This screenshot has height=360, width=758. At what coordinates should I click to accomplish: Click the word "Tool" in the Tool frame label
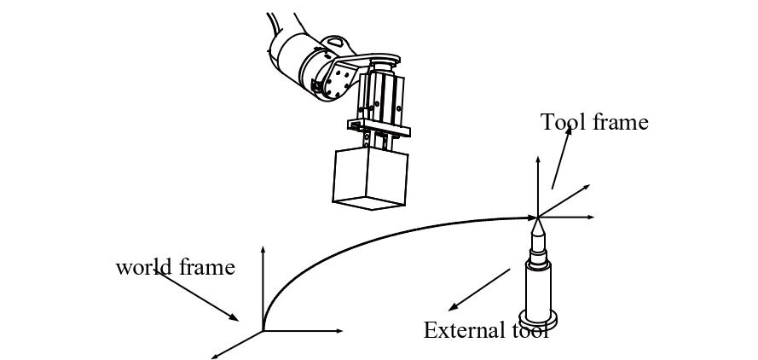coord(563,121)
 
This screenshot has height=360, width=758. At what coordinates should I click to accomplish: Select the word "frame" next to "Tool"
coord(620,121)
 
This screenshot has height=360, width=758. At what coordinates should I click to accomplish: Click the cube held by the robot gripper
coord(370,178)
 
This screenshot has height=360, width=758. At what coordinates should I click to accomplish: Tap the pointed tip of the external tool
coord(537,218)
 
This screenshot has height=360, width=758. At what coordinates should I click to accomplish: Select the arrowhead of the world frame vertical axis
coord(263,249)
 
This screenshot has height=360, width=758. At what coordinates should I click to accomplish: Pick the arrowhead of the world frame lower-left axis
coord(215,357)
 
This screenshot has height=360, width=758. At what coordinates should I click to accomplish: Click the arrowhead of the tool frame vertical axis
coord(537,160)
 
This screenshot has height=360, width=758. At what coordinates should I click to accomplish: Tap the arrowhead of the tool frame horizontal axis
coord(590,218)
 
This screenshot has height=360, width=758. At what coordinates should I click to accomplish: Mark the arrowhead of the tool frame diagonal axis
coord(587,187)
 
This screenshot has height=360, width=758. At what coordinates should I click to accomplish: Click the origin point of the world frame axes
coord(263,331)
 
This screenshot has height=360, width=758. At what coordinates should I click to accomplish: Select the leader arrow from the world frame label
coord(197,295)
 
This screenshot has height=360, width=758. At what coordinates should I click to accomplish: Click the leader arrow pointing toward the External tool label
coord(479,290)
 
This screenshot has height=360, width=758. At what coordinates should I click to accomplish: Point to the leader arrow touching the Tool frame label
coord(562,157)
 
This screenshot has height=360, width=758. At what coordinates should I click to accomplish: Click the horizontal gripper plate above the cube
coord(379,129)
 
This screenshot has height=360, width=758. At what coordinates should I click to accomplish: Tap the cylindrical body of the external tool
coord(537,291)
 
